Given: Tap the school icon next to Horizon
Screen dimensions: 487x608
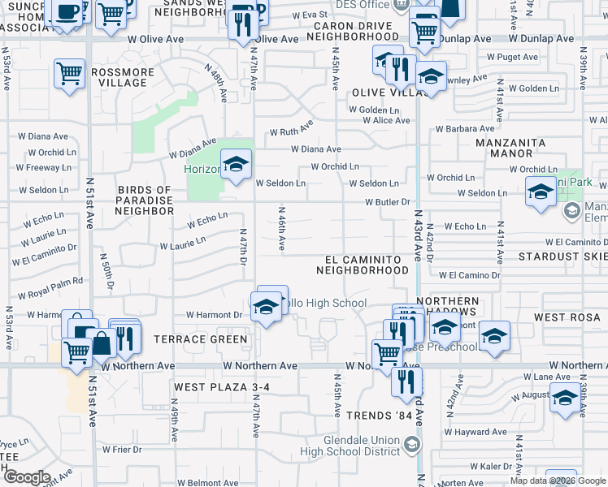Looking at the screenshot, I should [236, 166].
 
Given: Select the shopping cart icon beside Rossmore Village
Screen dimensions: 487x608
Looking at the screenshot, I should [70, 74].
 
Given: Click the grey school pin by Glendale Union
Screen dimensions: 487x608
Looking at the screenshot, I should [412, 444].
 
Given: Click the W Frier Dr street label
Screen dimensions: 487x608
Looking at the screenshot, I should [122, 449].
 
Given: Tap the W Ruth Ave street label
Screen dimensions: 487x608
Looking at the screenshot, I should [292, 130].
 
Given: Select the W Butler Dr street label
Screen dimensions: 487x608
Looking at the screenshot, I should [390, 202].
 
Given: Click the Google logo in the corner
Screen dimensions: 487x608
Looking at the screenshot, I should [27, 477].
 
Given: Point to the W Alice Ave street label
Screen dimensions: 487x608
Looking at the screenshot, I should [386, 120].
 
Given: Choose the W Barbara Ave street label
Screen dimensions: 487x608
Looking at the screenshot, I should [465, 128].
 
